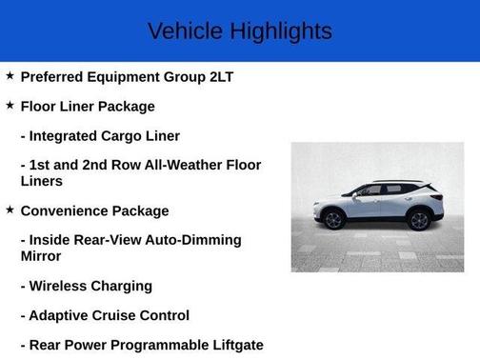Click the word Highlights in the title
pos(283,30)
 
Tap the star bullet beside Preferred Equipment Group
pos(10,75)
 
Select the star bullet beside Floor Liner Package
pos(10,105)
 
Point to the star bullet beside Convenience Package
pos(10,210)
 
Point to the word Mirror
pos(44,256)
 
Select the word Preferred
pos(58,76)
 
